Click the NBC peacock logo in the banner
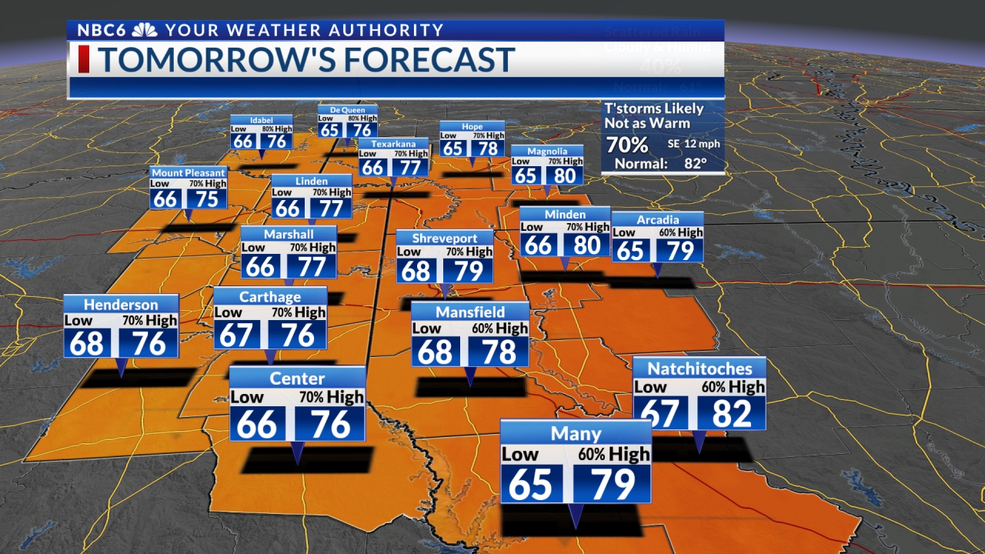pyautogui.click(x=144, y=31)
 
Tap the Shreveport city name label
pyautogui.click(x=445, y=239)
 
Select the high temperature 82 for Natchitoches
pyautogui.click(x=731, y=413)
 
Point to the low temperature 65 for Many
pyautogui.click(x=530, y=484)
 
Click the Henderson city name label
pyautogui.click(x=121, y=305)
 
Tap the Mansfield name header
pyautogui.click(x=470, y=312)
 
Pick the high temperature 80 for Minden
pyautogui.click(x=586, y=245)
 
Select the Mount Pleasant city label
pyautogui.click(x=189, y=173)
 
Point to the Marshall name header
pyautogui.click(x=289, y=234)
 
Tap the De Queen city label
pyautogui.click(x=347, y=110)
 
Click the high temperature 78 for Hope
pyautogui.click(x=488, y=149)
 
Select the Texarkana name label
pyautogui.click(x=393, y=144)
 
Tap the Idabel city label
pyautogui.click(x=262, y=120)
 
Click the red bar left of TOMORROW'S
pyautogui.click(x=83, y=60)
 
